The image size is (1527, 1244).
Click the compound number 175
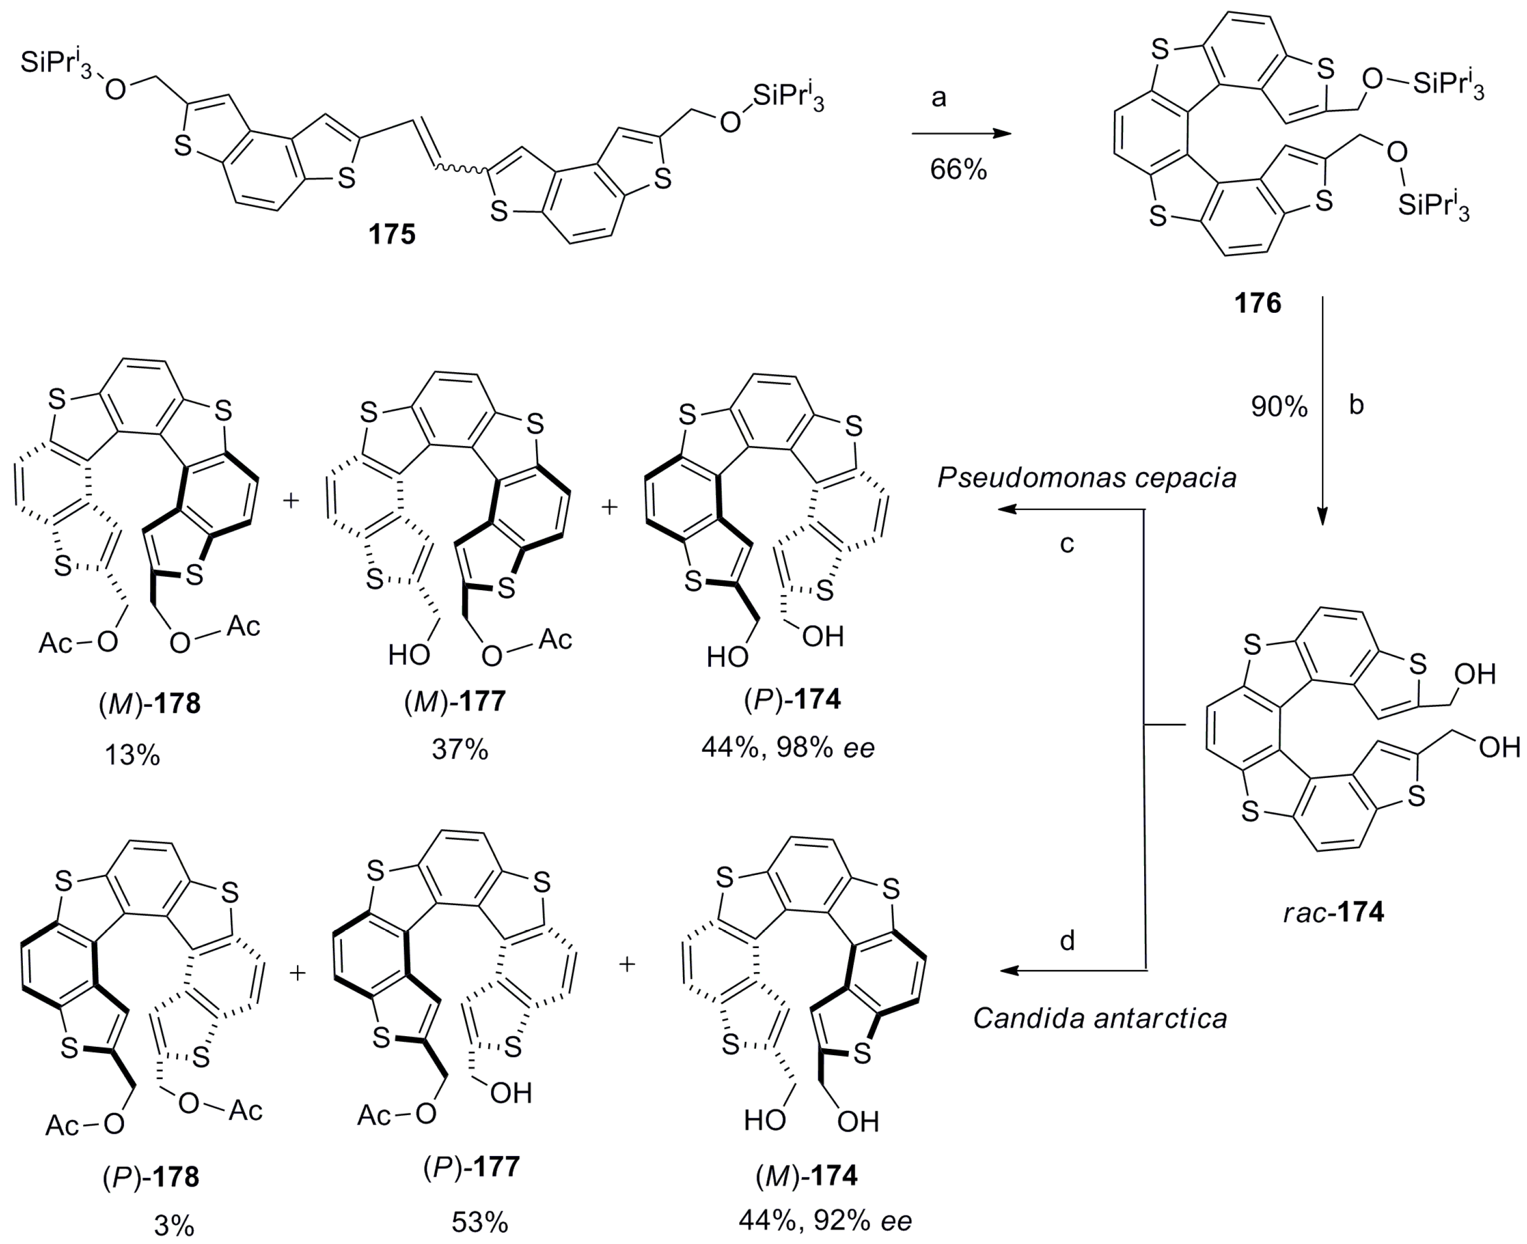click(392, 234)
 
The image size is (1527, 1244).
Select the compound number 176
click(1258, 303)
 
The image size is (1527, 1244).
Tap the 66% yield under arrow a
click(958, 170)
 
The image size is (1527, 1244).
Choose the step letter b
click(1356, 406)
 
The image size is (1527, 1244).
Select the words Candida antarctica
click(1100, 1018)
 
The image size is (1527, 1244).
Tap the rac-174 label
click(1333, 912)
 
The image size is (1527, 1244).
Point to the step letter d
click(1067, 941)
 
